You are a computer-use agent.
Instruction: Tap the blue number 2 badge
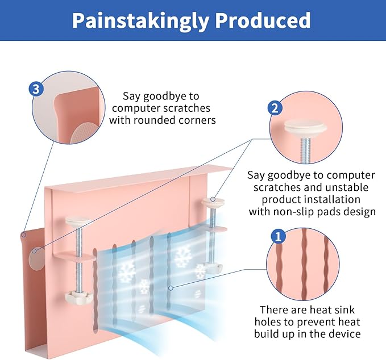(275, 108)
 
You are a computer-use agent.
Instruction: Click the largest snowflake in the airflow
(183, 257)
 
